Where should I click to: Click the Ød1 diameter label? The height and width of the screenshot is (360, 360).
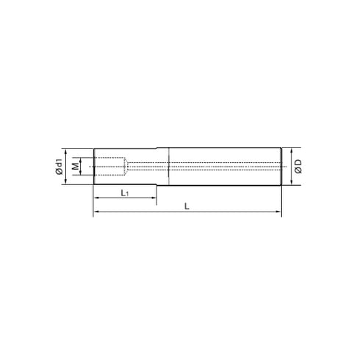click(x=58, y=168)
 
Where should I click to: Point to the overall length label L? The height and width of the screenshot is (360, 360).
click(x=187, y=207)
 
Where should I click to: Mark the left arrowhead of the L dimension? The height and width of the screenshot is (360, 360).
click(x=96, y=214)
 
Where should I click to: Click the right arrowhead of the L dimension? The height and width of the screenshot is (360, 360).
click(x=279, y=214)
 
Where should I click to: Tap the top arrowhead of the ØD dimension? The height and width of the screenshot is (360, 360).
click(x=290, y=149)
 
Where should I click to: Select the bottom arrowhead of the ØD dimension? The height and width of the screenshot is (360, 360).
click(x=290, y=184)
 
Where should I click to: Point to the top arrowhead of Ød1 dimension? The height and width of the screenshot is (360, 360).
click(x=66, y=153)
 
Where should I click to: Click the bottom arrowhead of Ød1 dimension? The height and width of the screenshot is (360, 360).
click(x=66, y=181)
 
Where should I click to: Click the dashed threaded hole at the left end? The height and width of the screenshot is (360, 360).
click(x=110, y=167)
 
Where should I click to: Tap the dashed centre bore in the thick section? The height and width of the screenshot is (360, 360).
click(x=220, y=167)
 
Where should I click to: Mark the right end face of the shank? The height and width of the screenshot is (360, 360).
click(x=282, y=167)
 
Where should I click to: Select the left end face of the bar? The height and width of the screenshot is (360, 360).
click(x=93, y=167)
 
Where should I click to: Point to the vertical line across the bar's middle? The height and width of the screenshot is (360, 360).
click(x=170, y=167)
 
